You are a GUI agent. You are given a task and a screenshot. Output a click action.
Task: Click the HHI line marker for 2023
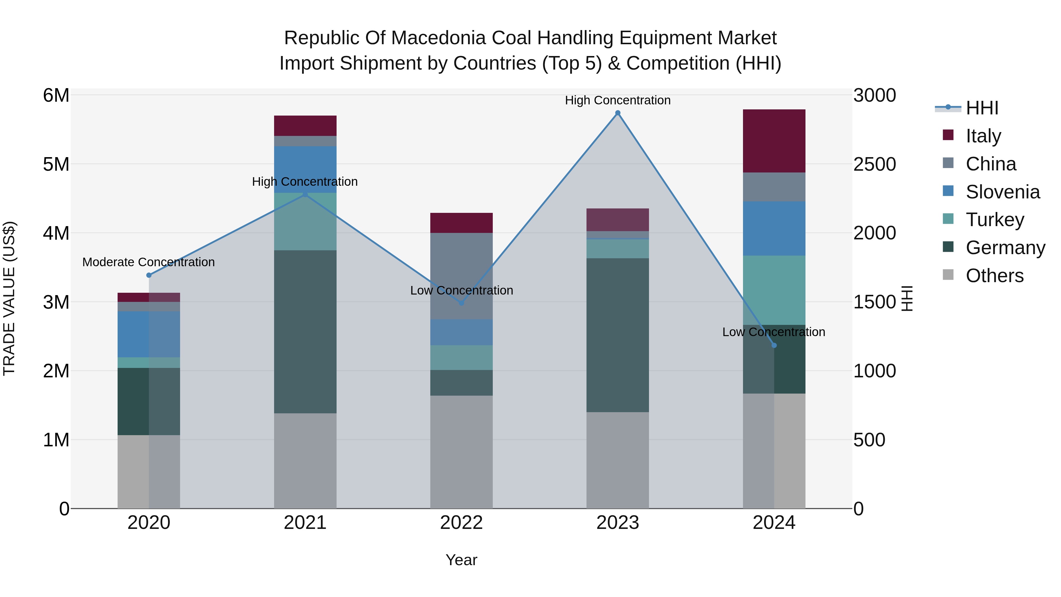point(617,113)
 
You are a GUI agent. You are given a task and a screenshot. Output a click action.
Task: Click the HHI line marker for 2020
point(149,275)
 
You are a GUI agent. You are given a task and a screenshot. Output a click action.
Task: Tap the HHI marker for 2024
point(774,345)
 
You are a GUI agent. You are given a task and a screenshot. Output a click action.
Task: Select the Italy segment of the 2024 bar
point(774,141)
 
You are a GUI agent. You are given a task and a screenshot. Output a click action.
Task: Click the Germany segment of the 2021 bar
point(305,332)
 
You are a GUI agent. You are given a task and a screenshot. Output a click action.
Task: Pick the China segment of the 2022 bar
point(461,276)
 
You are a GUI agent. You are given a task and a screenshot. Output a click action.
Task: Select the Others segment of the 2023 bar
point(617,460)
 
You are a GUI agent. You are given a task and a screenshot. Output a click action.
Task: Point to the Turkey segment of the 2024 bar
point(774,290)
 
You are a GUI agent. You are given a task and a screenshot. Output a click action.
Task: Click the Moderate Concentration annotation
point(149,262)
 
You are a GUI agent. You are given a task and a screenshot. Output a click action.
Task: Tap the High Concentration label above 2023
point(617,100)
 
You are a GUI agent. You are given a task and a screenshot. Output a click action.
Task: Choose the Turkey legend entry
point(995,220)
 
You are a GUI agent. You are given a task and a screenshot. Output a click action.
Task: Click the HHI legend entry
point(982,108)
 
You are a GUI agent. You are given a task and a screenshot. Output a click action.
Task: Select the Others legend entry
point(994,276)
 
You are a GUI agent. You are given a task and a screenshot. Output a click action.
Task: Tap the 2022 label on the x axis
point(461,523)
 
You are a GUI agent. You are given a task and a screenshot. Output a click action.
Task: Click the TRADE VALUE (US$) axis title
point(9,298)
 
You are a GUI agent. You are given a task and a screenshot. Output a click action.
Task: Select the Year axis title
point(461,560)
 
